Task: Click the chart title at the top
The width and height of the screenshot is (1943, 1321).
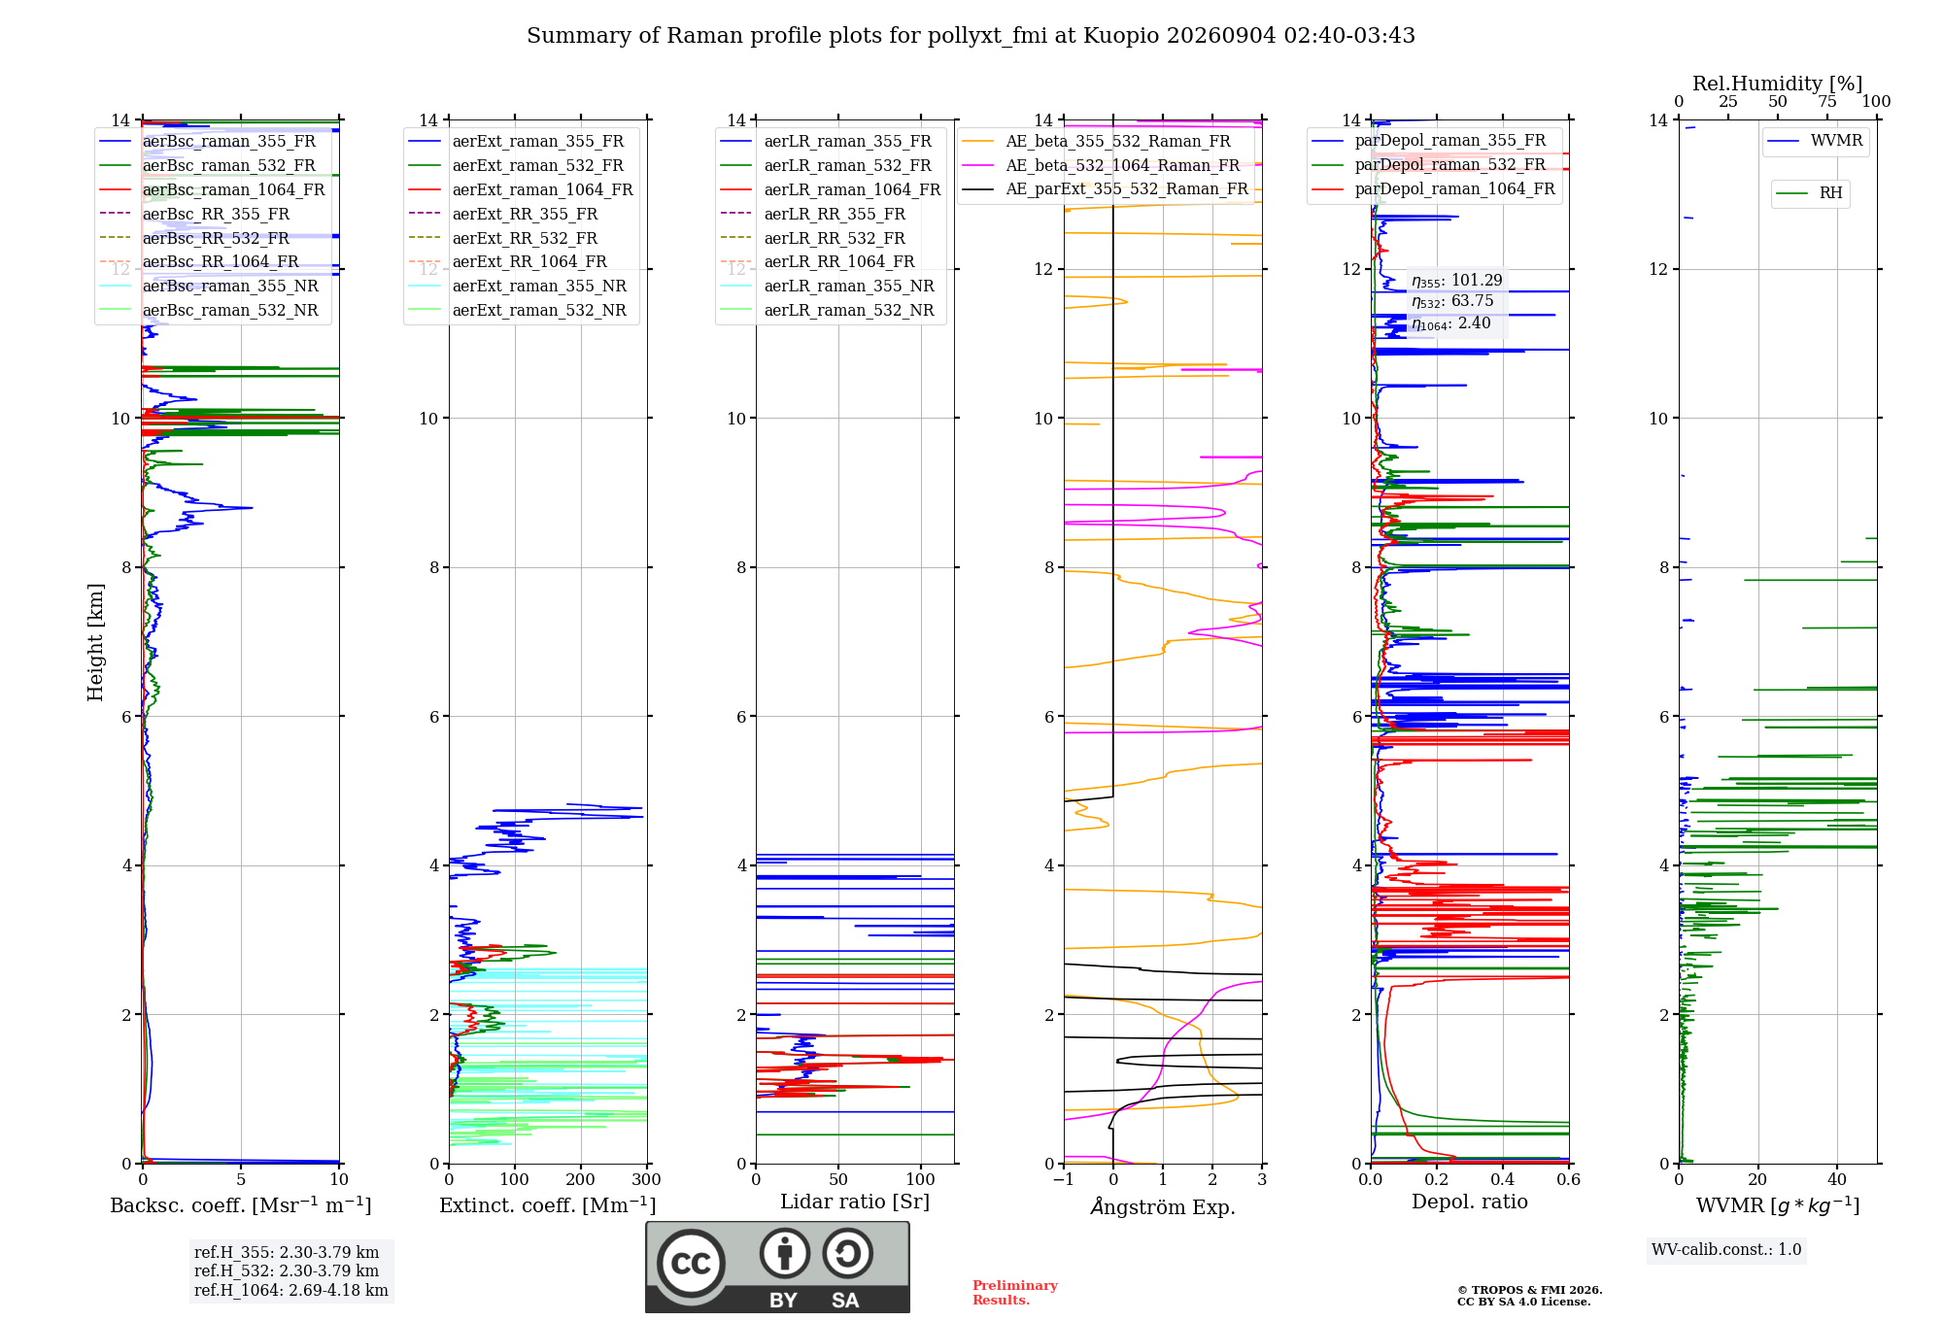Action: click(971, 36)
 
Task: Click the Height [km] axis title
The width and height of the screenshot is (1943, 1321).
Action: click(95, 642)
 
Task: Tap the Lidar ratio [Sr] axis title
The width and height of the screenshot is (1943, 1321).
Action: click(855, 1202)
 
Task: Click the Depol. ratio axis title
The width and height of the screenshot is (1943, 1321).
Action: click(1469, 1202)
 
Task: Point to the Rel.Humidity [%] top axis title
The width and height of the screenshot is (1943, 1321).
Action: click(1777, 84)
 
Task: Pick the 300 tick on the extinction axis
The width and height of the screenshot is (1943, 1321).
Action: click(646, 1179)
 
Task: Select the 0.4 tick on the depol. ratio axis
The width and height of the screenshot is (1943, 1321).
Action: click(1503, 1179)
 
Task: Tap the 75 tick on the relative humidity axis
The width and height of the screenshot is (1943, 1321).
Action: click(1825, 101)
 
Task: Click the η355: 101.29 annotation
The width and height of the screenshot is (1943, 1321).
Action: click(1456, 281)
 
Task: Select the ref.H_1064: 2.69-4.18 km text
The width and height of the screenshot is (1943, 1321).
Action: click(290, 1290)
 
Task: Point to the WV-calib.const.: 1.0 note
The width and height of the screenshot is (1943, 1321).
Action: click(1726, 1249)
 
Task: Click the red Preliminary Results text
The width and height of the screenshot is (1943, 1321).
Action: click(1015, 1293)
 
